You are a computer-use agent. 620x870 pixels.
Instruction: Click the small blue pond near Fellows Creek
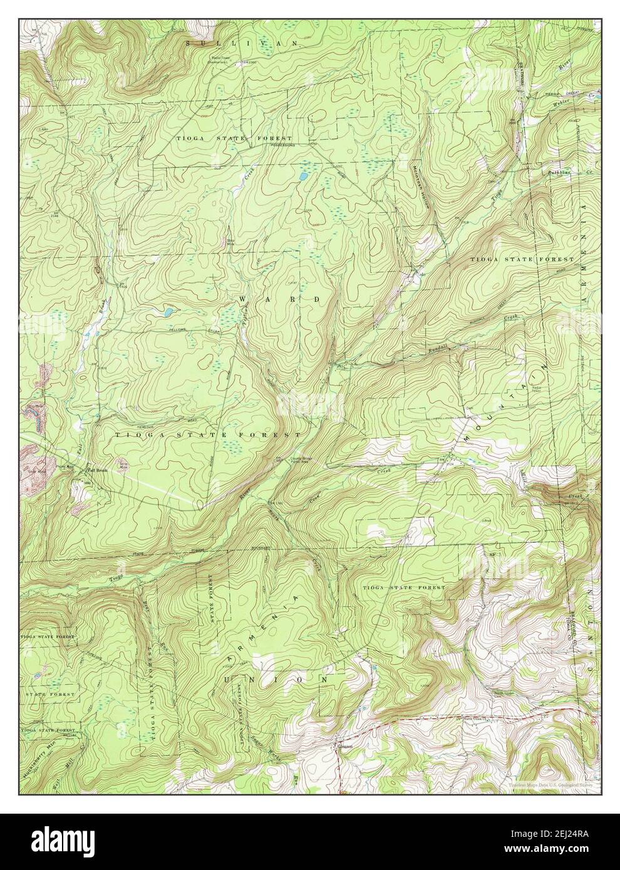[x=168, y=310]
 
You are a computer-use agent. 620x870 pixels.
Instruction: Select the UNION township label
[x=276, y=678]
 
